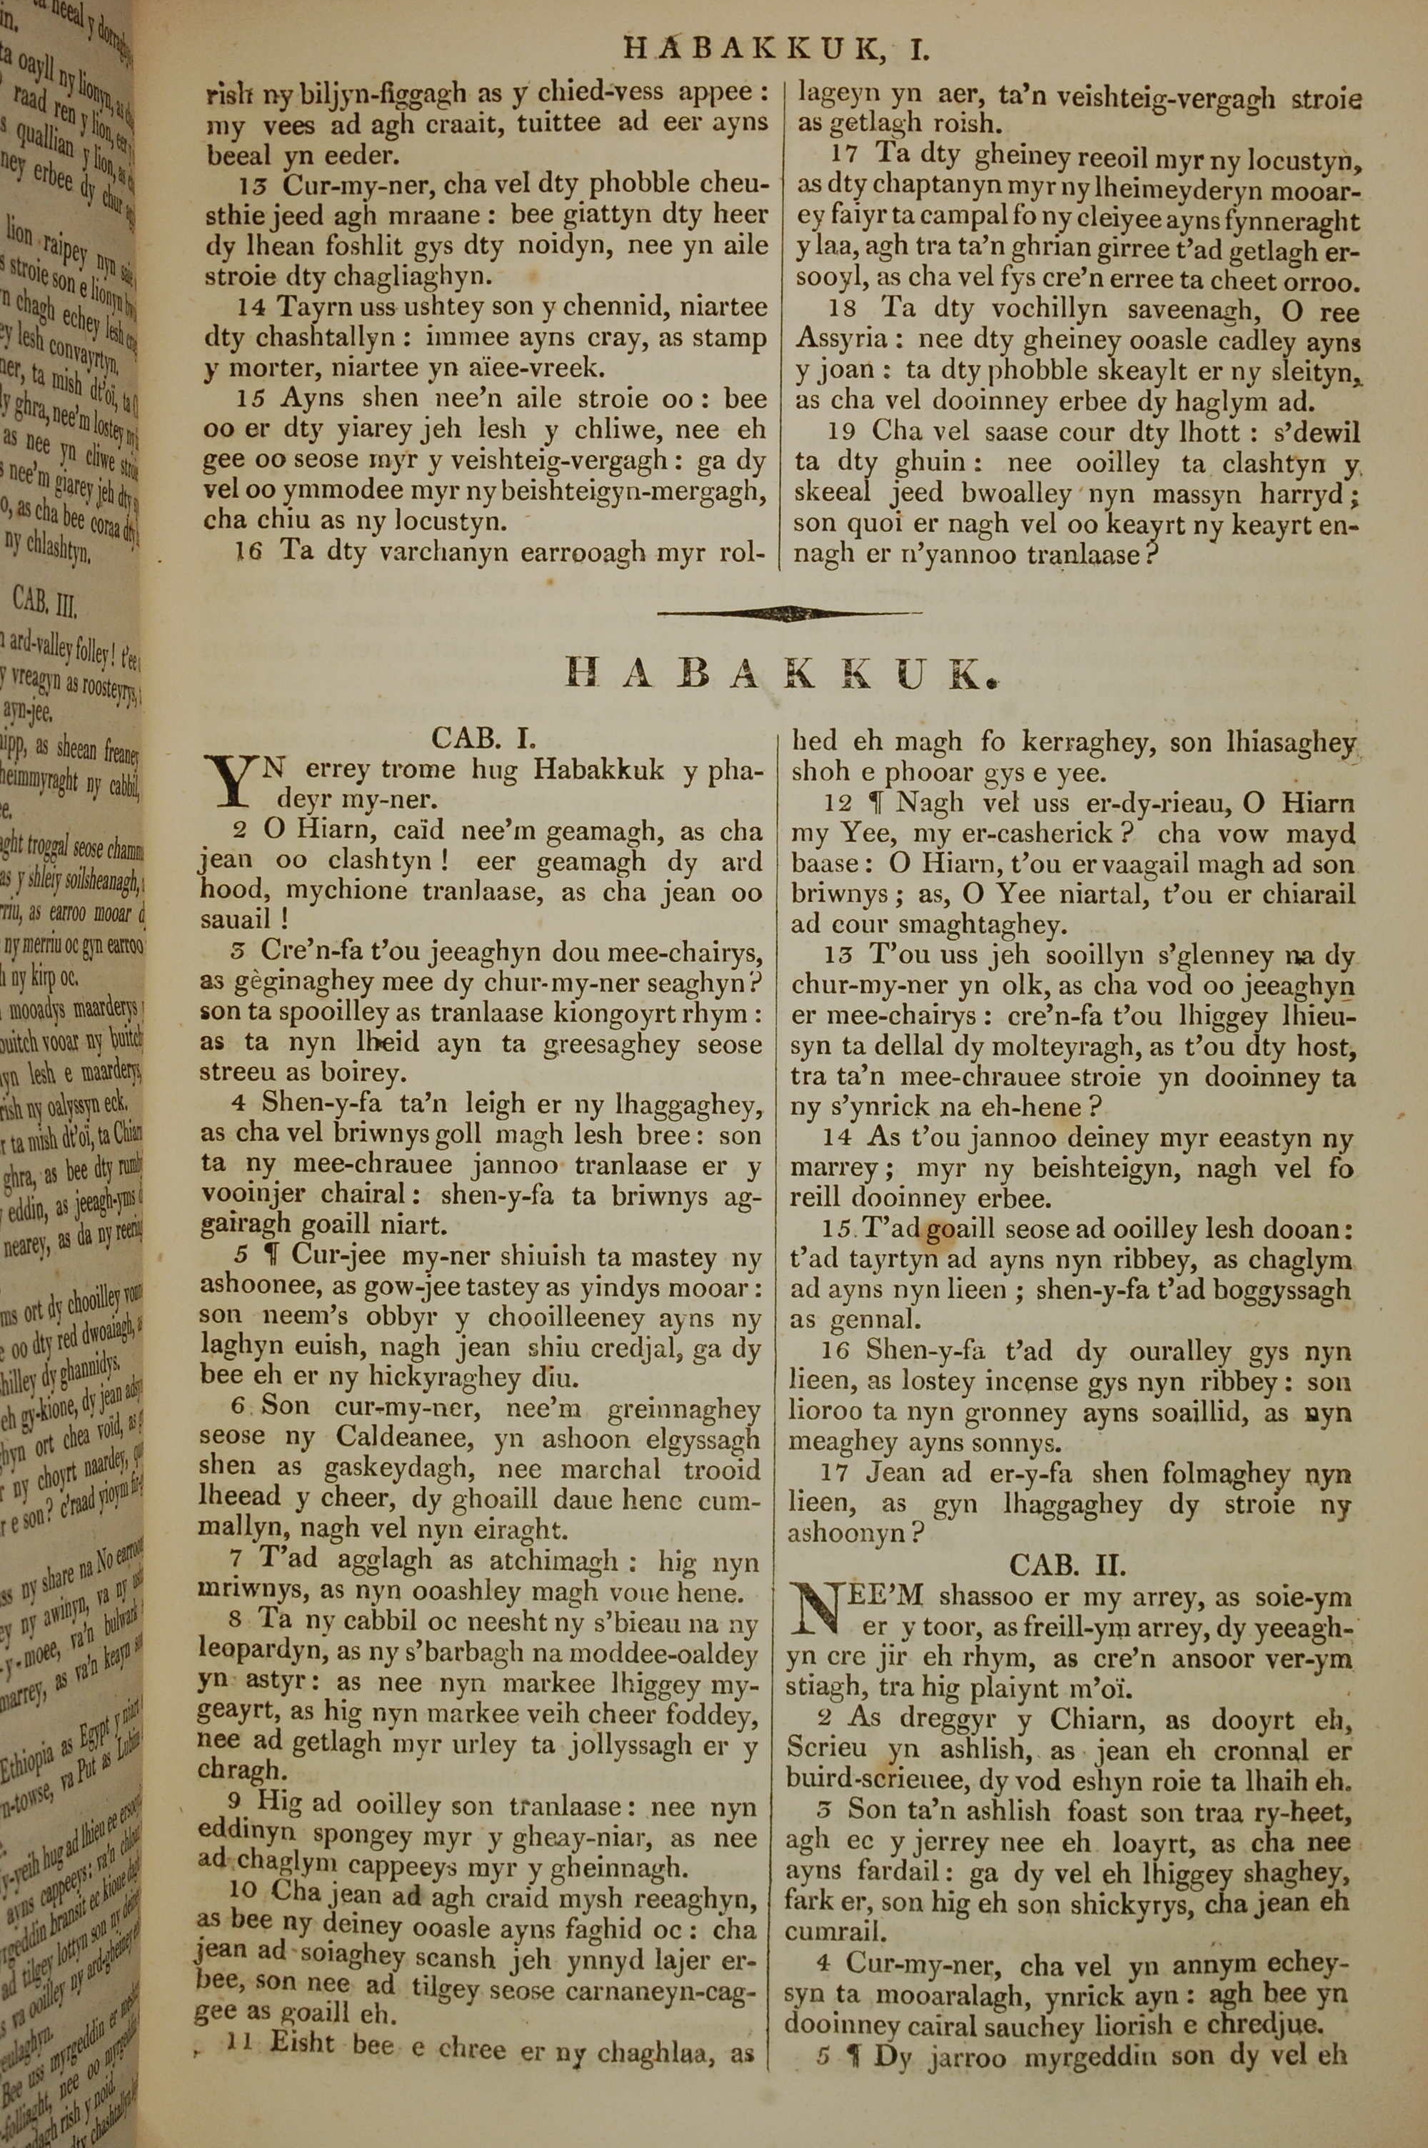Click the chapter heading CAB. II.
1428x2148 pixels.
1067,1565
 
